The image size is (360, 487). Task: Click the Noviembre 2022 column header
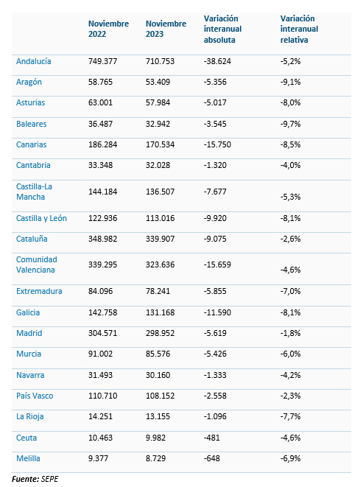pyautogui.click(x=108, y=29)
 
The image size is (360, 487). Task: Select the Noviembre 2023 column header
pyautogui.click(x=166, y=29)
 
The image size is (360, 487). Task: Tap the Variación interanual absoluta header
pyautogui.click(x=222, y=29)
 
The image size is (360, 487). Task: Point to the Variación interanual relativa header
pyautogui.click(x=299, y=29)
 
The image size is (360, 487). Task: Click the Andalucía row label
pyautogui.click(x=34, y=61)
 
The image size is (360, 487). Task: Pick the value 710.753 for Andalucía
pyautogui.click(x=160, y=61)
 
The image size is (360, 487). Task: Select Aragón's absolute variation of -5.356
pyautogui.click(x=215, y=82)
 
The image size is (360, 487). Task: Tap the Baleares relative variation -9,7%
pyautogui.click(x=291, y=124)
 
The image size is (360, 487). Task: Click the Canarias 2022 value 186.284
pyautogui.click(x=103, y=144)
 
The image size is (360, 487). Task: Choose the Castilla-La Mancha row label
pyautogui.click(x=34, y=192)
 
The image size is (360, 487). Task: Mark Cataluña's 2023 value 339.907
pyautogui.click(x=160, y=239)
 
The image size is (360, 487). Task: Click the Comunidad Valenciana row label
pyautogui.click(x=37, y=264)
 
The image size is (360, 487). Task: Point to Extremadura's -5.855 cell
pyautogui.click(x=215, y=291)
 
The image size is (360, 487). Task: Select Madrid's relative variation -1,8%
pyautogui.click(x=291, y=333)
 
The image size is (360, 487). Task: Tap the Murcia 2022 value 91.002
pyautogui.click(x=100, y=354)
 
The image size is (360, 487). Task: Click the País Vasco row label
pyautogui.click(x=35, y=396)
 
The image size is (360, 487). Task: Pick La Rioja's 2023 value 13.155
pyautogui.click(x=158, y=416)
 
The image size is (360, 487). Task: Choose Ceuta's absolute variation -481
pyautogui.click(x=211, y=438)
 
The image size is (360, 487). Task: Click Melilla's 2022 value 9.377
pyautogui.click(x=98, y=458)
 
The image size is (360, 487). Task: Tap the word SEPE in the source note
pyautogui.click(x=49, y=479)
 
